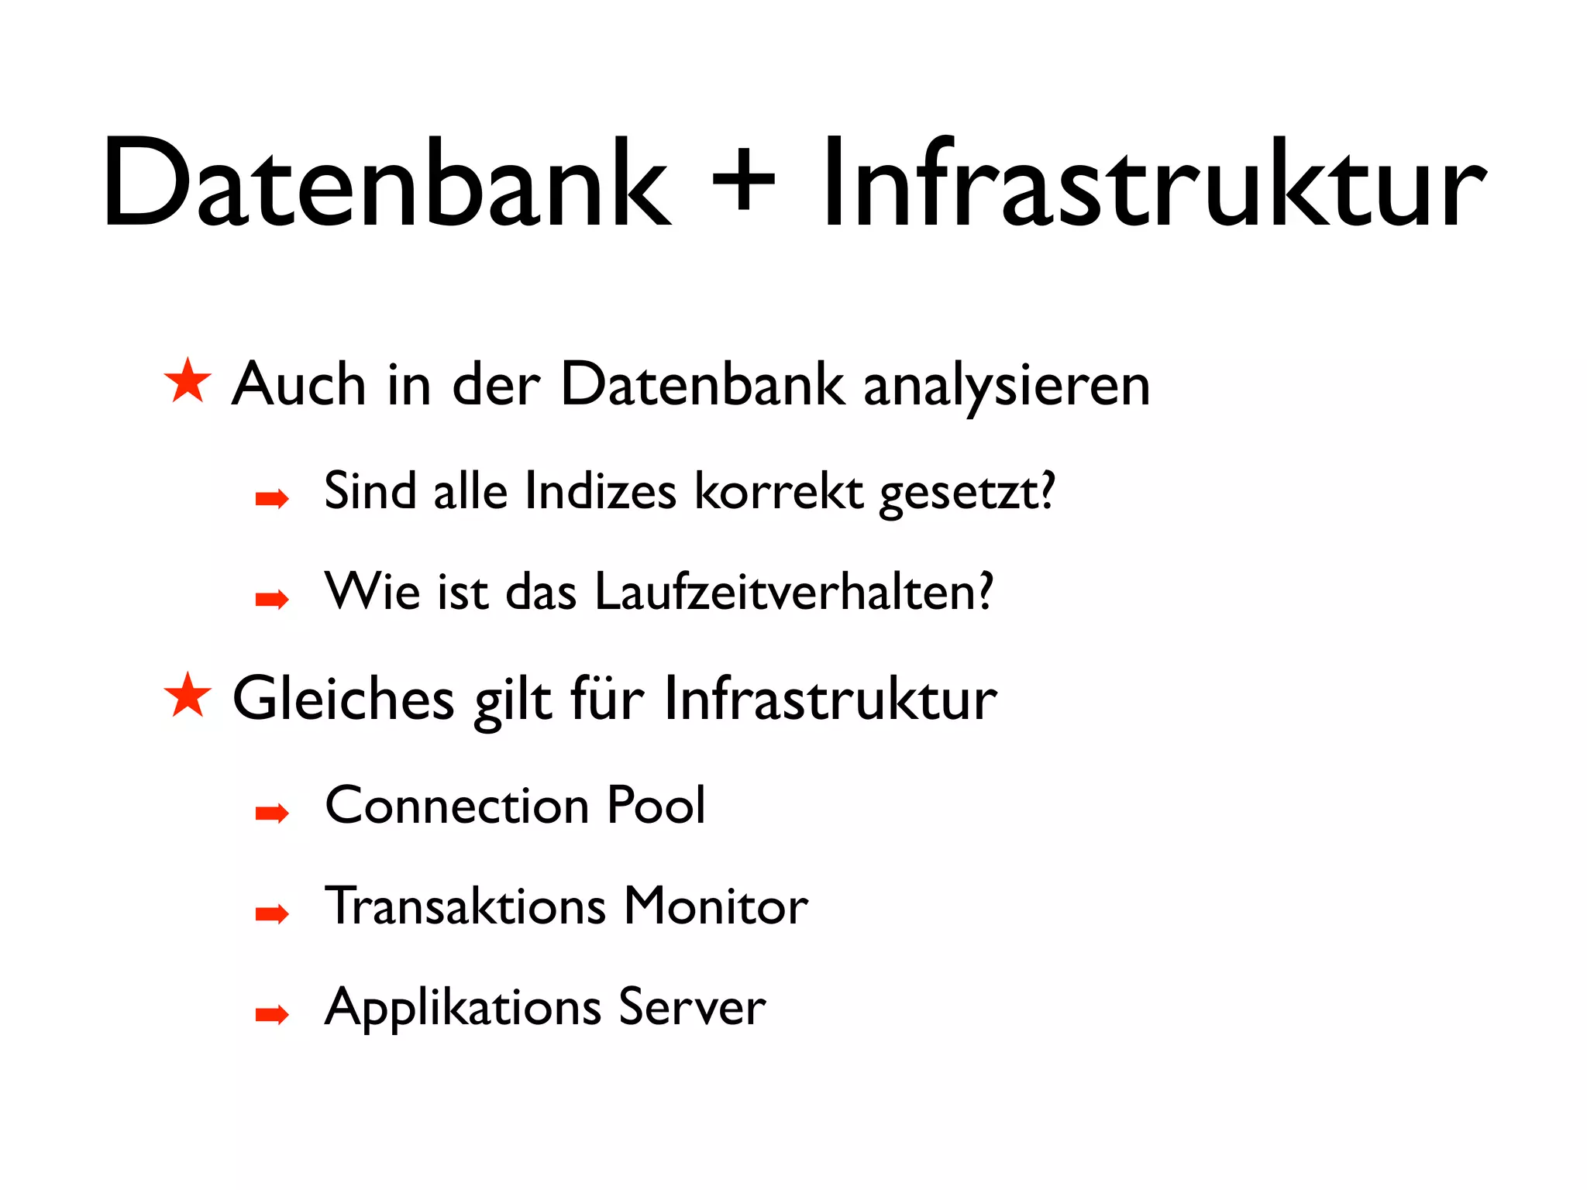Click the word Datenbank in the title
pos(386,184)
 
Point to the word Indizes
pos(600,491)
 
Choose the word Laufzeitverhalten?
pos(794,592)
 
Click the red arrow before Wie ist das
pos(272,599)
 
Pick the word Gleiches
pos(343,699)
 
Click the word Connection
pos(457,805)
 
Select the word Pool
pos(656,805)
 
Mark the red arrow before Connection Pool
pos(272,813)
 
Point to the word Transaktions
pos(465,906)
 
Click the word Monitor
pos(716,906)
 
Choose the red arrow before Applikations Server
pos(272,1014)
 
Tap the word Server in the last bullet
pos(692,1007)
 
